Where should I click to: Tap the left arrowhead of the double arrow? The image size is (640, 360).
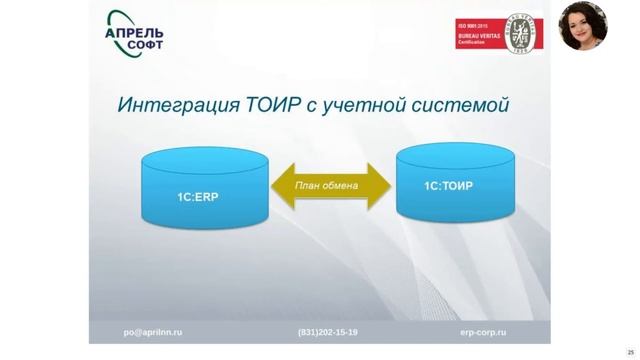[x=280, y=185]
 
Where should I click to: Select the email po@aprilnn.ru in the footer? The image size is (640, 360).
[x=152, y=332]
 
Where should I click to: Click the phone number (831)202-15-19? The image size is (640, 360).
[x=327, y=332]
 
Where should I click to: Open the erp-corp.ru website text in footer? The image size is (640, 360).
[x=483, y=332]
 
